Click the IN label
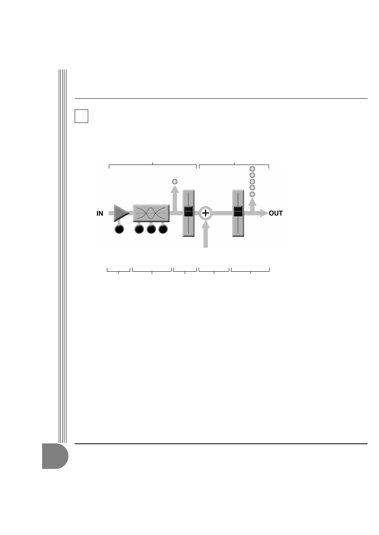[100, 213]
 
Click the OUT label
[276, 213]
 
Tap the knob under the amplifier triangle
[119, 229]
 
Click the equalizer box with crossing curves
[151, 213]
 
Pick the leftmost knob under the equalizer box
[139, 229]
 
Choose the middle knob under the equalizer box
[151, 229]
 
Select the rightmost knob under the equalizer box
[163, 229]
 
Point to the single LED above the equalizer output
[175, 182]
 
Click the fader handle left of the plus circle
[189, 211]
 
